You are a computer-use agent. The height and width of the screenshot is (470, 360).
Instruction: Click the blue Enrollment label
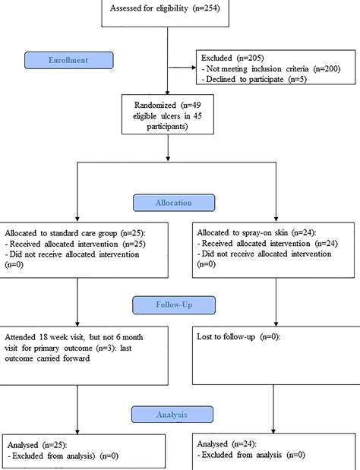click(69, 60)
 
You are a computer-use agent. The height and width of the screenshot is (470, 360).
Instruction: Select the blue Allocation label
click(174, 203)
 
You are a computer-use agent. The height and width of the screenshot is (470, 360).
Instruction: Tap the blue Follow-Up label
click(174, 305)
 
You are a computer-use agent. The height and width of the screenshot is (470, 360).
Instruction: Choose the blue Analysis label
click(172, 415)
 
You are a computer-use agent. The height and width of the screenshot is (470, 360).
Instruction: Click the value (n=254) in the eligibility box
click(207, 8)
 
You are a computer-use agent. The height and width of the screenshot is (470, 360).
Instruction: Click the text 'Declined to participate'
click(245, 80)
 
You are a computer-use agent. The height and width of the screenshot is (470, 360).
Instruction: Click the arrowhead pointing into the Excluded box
click(194, 68)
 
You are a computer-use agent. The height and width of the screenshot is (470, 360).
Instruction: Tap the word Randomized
click(155, 106)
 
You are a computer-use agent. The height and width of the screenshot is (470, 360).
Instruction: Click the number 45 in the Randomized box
click(197, 115)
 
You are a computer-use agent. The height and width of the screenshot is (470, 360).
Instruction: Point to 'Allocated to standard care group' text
click(61, 233)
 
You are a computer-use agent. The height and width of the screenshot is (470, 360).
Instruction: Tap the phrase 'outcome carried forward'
click(47, 358)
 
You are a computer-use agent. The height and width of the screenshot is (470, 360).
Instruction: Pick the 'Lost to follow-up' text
click(226, 337)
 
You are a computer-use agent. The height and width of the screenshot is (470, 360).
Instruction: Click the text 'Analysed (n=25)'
click(37, 445)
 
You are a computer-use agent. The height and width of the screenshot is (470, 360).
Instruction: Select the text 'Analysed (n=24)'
click(226, 444)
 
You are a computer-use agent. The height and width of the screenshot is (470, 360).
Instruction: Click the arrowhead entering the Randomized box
click(168, 93)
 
